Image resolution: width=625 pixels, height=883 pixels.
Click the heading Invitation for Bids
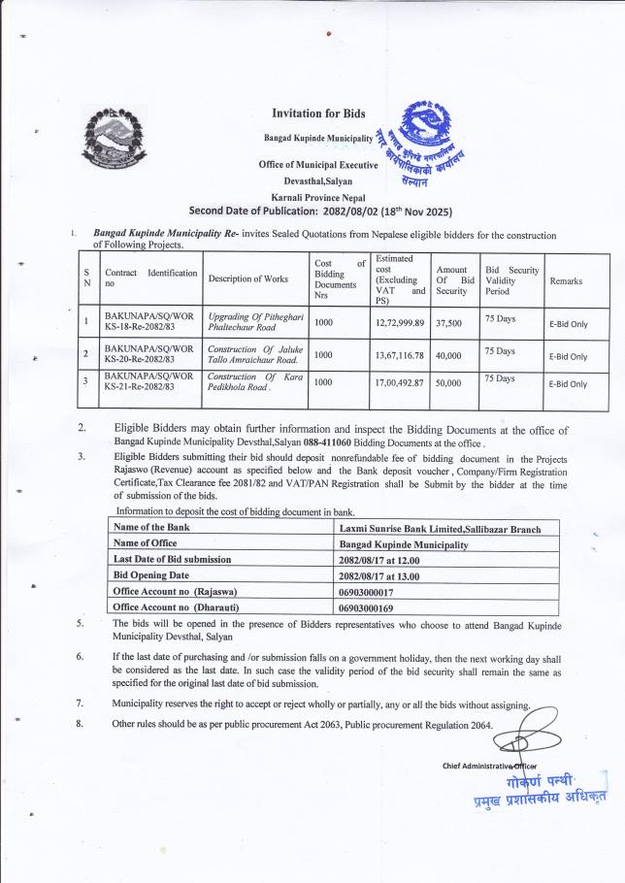point(318,114)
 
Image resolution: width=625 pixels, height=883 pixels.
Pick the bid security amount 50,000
point(448,382)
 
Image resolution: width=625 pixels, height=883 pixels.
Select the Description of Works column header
point(247,279)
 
